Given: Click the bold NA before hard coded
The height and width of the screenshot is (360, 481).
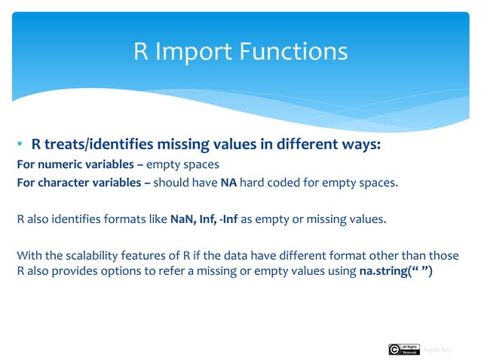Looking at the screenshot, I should (x=228, y=182).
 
